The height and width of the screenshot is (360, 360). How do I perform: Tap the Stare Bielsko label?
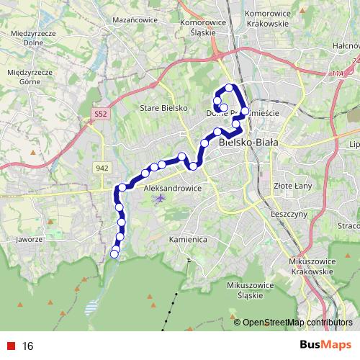tap(164, 108)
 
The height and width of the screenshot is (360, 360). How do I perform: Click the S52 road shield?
tap(101, 114)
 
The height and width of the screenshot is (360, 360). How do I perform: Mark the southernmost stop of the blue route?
tap(114, 253)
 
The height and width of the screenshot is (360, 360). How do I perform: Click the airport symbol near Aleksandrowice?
tap(160, 198)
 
